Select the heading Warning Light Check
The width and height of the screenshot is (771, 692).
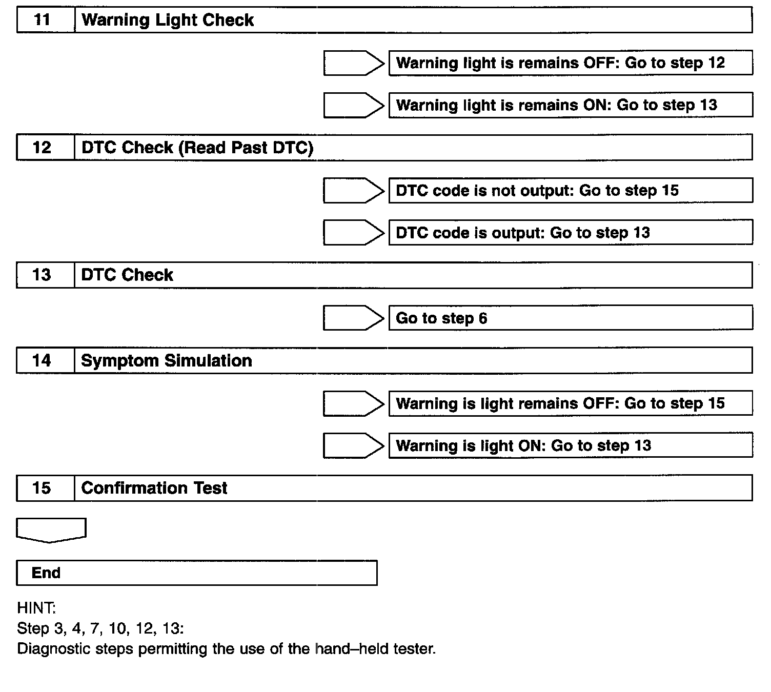[168, 21]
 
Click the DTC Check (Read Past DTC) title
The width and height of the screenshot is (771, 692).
[197, 148]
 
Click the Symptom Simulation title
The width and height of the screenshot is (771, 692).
[167, 361]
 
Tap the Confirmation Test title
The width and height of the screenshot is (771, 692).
[154, 488]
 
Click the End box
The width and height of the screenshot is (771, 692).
[197, 573]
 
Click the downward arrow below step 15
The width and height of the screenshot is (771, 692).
[51, 530]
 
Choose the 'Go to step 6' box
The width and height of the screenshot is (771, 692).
[570, 318]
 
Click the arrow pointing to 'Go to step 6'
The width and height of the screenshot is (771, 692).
[354, 318]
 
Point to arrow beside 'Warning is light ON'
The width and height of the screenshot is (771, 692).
[354, 445]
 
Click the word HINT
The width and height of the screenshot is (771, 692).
[36, 608]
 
